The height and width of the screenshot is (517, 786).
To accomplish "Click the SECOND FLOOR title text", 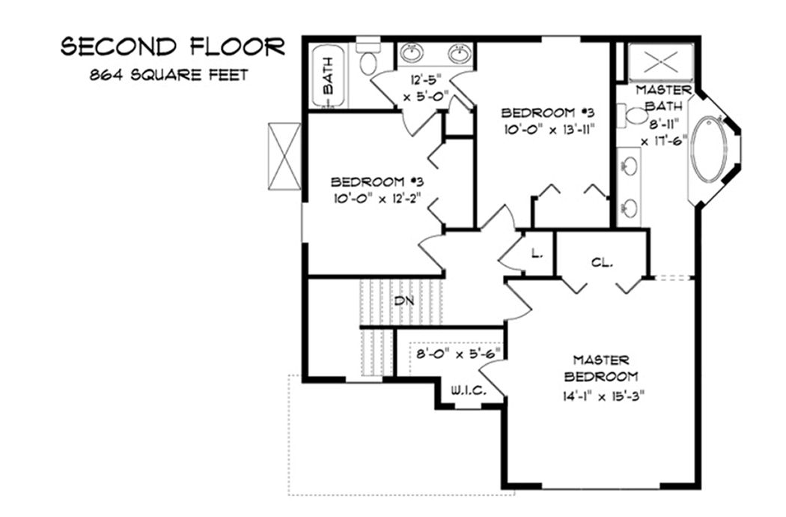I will pos(172,47).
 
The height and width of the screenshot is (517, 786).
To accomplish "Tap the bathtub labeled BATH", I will pos(326,76).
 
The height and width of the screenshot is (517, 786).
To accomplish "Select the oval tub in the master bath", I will pos(708,148).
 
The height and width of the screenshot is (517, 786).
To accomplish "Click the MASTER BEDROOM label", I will pos(601,369).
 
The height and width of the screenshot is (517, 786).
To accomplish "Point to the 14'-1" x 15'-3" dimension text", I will pos(601,393).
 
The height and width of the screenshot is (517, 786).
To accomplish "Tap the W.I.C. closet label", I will pos(469,391).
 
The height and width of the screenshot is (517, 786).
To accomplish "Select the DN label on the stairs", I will pos(405,300).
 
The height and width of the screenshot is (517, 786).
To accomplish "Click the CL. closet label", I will pos(602,263).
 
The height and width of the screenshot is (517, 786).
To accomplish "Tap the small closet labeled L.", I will pos(537,253).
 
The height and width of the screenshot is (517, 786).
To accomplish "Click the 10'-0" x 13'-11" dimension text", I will pos(549,129).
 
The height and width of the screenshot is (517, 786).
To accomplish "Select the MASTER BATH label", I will pos(659,97).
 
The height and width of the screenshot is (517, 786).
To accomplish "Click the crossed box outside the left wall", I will pos(285,157).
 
